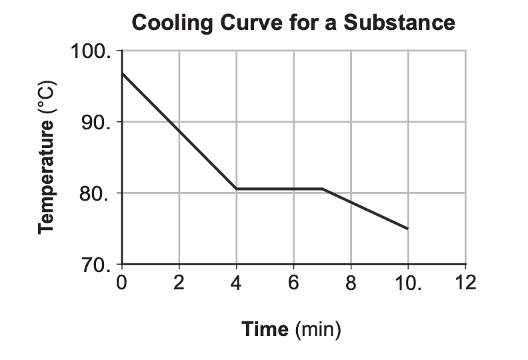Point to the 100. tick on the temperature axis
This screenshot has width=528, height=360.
(x=91, y=51)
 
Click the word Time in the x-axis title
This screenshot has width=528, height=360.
(x=265, y=329)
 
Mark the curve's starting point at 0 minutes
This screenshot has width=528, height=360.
(x=122, y=73)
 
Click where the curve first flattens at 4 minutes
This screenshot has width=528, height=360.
(x=237, y=189)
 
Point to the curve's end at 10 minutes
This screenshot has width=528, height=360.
(x=407, y=229)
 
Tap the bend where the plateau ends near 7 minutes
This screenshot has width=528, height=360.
(x=323, y=189)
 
